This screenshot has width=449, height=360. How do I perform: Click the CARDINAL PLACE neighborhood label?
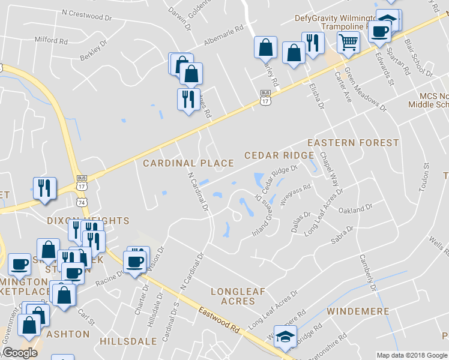188,163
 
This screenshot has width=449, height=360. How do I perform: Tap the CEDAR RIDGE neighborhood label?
279,155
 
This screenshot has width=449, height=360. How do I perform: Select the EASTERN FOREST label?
353,143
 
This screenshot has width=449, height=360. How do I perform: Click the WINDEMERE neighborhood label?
358,312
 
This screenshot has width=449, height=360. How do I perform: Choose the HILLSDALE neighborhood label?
128,341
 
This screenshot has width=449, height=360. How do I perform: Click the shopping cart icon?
348,43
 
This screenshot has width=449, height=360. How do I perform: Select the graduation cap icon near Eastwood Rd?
286,337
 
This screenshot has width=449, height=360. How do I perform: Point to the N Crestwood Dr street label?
87,15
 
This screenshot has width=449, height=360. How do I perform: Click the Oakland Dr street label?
356,210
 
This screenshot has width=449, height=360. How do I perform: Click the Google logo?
20,353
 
